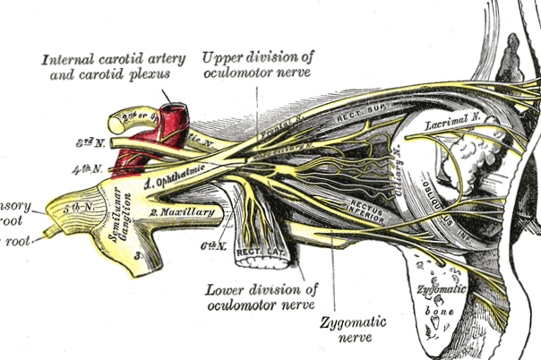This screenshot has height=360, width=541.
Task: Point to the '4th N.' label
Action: [x=92, y=167]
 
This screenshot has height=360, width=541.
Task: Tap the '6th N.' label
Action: [x=210, y=243]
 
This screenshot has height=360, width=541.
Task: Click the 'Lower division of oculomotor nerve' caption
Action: [x=260, y=297]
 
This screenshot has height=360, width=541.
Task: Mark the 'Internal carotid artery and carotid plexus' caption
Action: [x=114, y=65]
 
